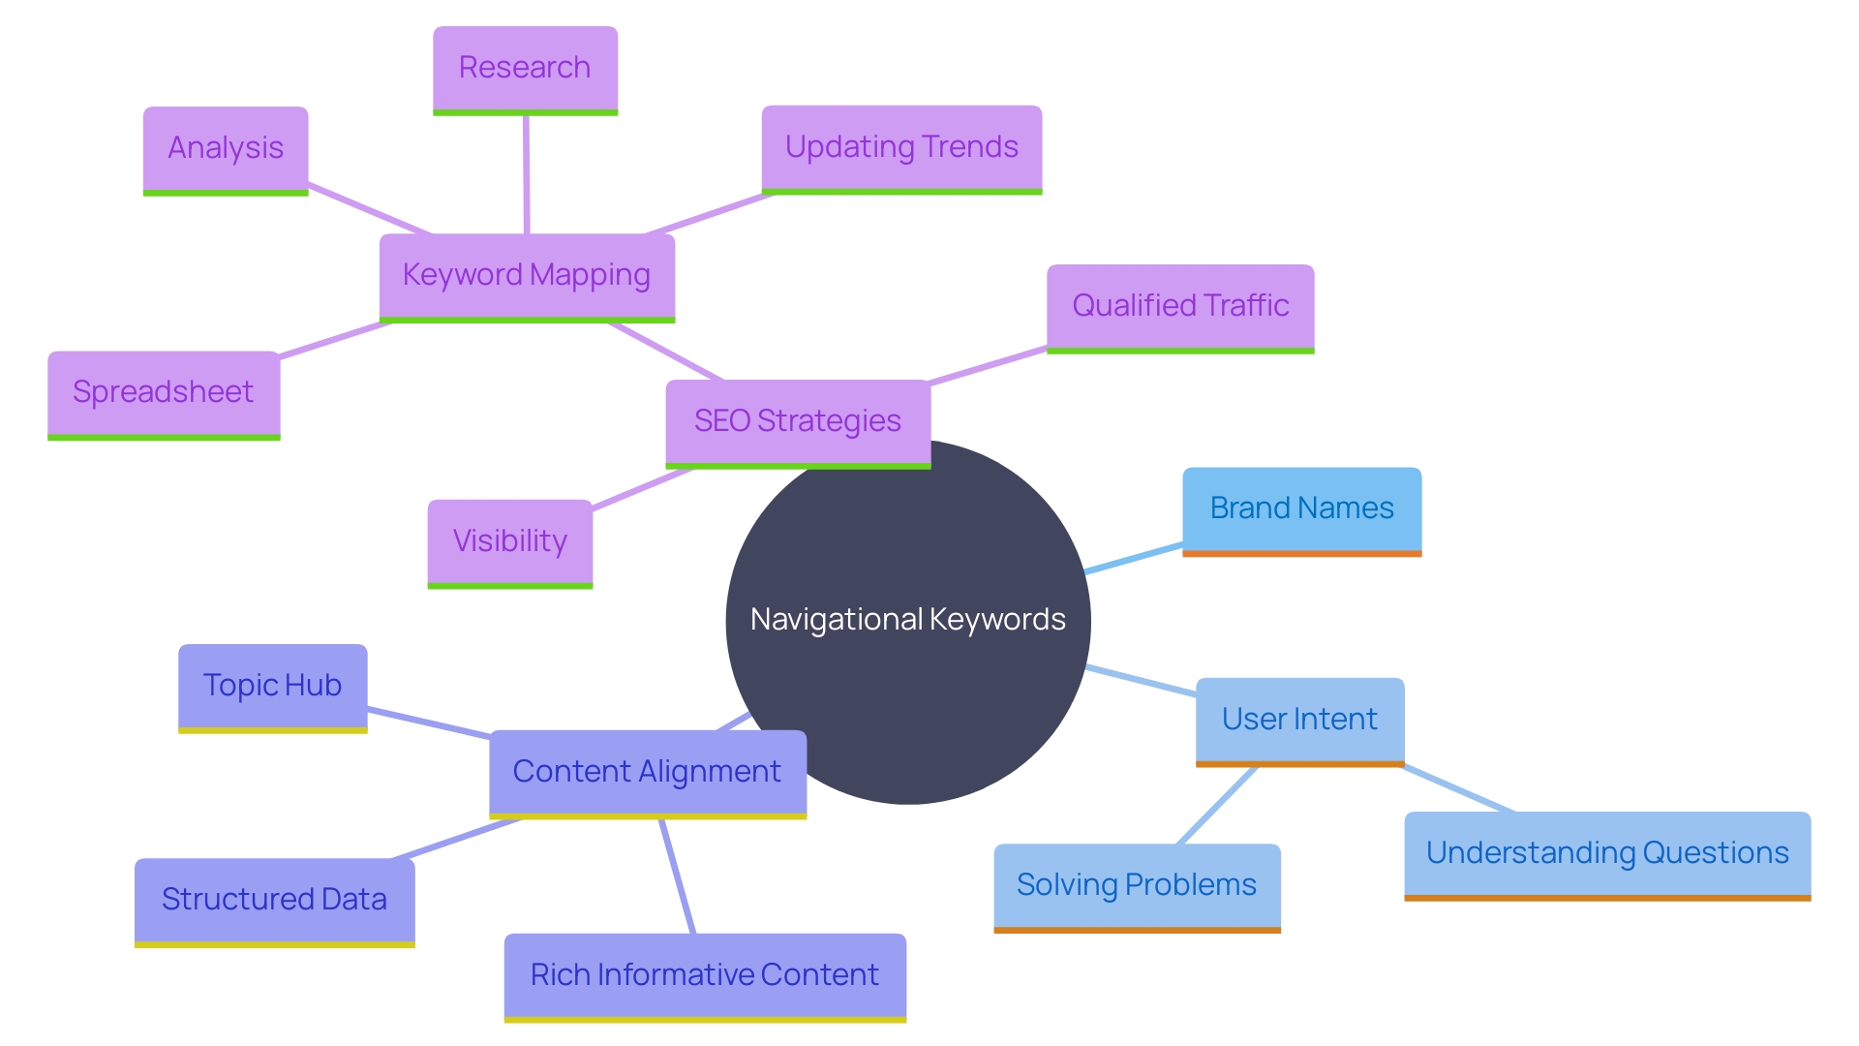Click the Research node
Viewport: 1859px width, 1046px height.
tap(525, 69)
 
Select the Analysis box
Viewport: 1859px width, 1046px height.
tap(226, 149)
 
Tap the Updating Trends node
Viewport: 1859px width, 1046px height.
tap(901, 148)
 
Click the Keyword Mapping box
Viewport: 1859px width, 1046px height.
tap(527, 276)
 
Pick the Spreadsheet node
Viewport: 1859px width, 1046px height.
tap(164, 393)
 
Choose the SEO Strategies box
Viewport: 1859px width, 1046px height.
tap(798, 422)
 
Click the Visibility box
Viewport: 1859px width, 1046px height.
tap(510, 541)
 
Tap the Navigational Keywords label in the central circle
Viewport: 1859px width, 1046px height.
tap(908, 620)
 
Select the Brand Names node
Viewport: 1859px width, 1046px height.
tap(1301, 509)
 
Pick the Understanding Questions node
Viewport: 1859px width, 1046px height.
tap(1607, 854)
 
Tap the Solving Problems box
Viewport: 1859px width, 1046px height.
tap(1137, 886)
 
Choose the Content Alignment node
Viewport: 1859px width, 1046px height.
tap(647, 773)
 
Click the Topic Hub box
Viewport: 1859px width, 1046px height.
tap(272, 687)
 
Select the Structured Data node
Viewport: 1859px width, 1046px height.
tap(274, 901)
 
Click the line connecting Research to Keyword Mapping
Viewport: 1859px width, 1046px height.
tap(526, 174)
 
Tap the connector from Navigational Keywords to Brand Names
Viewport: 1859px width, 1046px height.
tap(1134, 559)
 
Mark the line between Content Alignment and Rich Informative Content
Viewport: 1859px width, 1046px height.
tap(678, 877)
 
